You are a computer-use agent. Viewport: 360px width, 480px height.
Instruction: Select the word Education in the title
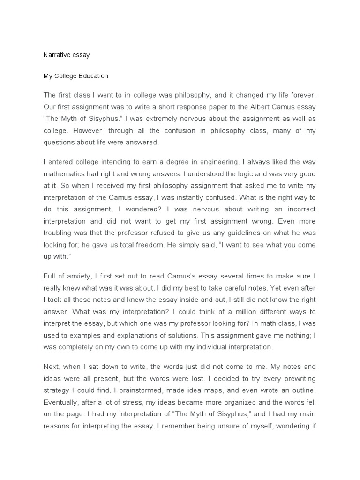93,75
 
